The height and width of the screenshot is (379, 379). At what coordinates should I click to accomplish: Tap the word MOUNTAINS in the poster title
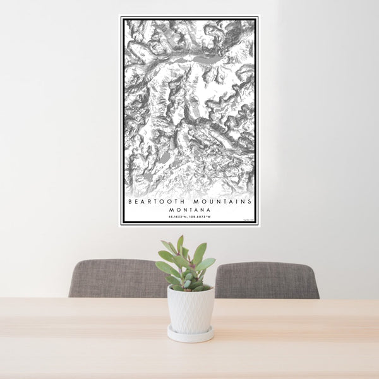pyautogui.click(x=221, y=202)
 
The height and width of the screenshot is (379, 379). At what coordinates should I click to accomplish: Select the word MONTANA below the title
pyautogui.click(x=189, y=210)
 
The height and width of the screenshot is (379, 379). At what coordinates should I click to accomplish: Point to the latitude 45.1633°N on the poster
pyautogui.click(x=177, y=217)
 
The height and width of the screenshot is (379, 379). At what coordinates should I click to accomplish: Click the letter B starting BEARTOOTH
pyautogui.click(x=130, y=202)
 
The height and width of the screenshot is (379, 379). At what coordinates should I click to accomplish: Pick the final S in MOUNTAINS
pyautogui.click(x=250, y=202)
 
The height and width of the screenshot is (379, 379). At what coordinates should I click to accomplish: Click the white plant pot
pyautogui.click(x=190, y=309)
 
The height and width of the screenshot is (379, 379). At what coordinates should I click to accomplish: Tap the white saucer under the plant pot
pyautogui.click(x=190, y=334)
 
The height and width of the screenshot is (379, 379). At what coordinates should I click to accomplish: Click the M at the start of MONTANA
pyautogui.click(x=172, y=210)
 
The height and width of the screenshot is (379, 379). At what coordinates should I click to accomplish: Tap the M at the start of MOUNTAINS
pyautogui.click(x=194, y=202)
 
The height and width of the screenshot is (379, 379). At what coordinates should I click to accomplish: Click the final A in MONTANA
pyautogui.click(x=208, y=210)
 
